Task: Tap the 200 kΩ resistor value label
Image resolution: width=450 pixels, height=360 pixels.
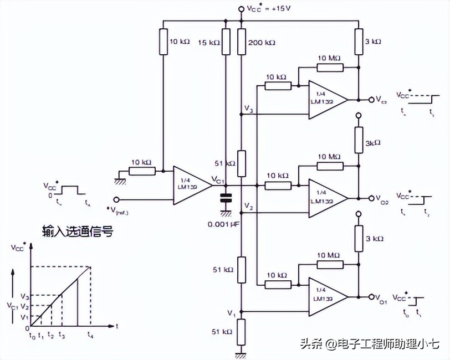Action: coord(262,43)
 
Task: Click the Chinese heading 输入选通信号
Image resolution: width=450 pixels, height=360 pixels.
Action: coord(77,232)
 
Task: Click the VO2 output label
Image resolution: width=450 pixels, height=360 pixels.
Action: coord(381,198)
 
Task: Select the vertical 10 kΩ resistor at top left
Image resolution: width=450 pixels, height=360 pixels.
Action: coord(163,42)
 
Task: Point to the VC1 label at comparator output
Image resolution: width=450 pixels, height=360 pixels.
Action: coord(218,179)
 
